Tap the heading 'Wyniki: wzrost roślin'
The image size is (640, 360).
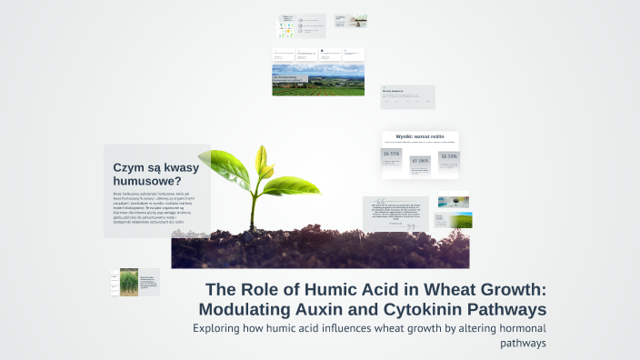click(420, 135)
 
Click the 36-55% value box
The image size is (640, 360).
click(392, 156)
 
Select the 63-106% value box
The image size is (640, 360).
click(420, 161)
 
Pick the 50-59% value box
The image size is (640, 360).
click(448, 156)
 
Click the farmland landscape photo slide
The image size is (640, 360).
click(318, 79)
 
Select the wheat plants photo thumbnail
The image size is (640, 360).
click(129, 282)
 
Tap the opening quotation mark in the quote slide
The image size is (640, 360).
click(379, 203)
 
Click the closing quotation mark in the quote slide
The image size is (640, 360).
click(410, 227)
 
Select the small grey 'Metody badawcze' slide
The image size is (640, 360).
click(407, 96)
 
